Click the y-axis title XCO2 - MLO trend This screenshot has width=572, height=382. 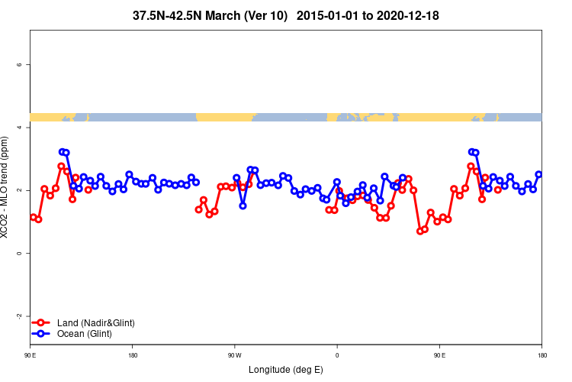click(7, 187)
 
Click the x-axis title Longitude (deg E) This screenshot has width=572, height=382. click(286, 370)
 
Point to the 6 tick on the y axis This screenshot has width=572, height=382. click(18, 65)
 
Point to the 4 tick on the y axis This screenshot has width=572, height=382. click(18, 128)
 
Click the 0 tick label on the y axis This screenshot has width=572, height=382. click(18, 253)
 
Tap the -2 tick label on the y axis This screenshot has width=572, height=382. click(18, 316)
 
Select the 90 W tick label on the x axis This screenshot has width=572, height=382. click(234, 354)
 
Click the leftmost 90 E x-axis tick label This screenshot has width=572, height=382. click(30, 354)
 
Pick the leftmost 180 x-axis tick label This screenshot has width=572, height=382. click(133, 354)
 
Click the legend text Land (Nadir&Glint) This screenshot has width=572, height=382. click(95, 323)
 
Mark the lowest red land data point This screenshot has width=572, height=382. click(419, 231)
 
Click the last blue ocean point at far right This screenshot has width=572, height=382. click(538, 174)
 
